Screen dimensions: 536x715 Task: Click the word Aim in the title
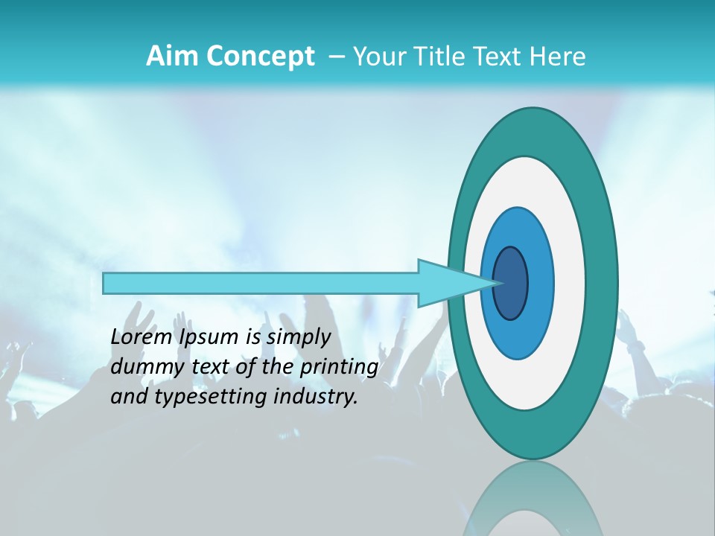tap(171, 57)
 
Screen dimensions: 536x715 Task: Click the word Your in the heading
tap(379, 57)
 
